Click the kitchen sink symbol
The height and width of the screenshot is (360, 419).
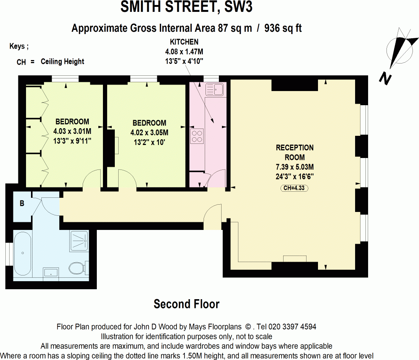[214, 90]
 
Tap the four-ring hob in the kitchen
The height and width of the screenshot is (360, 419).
[197, 136]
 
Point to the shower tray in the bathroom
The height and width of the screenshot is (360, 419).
[79, 241]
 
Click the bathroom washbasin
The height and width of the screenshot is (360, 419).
[51, 272]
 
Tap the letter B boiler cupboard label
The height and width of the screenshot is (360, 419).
[22, 204]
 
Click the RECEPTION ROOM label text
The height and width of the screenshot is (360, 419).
[295, 152]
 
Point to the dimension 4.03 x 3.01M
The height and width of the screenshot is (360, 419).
[72, 131]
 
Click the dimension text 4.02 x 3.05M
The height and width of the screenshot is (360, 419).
[149, 133]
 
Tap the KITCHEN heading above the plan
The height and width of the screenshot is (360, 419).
[184, 42]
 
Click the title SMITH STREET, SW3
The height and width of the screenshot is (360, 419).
[186, 7]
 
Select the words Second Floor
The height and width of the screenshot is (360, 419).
[186, 304]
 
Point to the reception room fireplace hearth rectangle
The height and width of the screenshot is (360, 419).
[295, 259]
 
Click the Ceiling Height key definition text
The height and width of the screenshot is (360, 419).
[62, 61]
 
